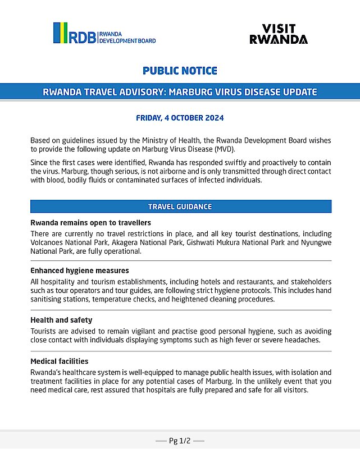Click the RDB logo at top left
[104, 33]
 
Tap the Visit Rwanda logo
[279, 34]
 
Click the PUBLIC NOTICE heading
[180, 71]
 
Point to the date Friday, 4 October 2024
[180, 118]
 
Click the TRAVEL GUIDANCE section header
[180, 207]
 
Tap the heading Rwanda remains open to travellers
[90, 223]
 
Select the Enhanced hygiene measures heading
[79, 271]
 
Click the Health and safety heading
[61, 320]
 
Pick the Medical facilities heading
[59, 361]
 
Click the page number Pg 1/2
[180, 441]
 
